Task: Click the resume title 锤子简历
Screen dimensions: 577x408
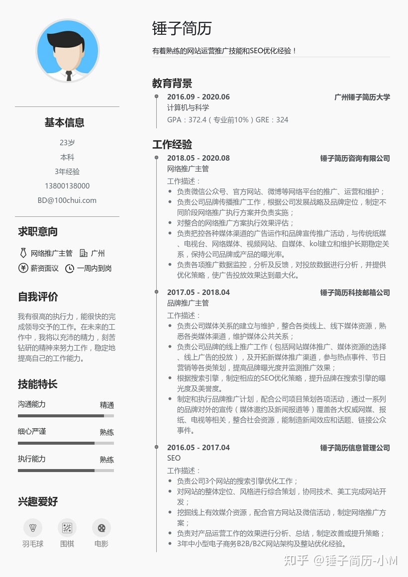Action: click(x=182, y=28)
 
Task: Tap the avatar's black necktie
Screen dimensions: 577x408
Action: click(x=69, y=75)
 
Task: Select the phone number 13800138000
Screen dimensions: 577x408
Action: click(x=67, y=186)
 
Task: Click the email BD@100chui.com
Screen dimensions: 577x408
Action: click(x=67, y=200)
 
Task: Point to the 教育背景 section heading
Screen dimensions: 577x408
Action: click(x=172, y=83)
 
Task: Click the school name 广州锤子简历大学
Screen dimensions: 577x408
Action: click(x=362, y=97)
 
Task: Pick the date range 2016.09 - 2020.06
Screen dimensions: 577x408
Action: click(x=198, y=97)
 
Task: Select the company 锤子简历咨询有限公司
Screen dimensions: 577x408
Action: click(x=355, y=158)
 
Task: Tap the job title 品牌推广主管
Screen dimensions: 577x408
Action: click(x=188, y=303)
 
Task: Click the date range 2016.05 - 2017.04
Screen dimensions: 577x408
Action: click(x=198, y=448)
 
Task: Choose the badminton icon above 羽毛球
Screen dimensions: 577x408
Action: click(x=33, y=528)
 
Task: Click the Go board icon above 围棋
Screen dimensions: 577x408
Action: click(x=67, y=528)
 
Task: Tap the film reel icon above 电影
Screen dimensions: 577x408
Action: click(x=102, y=528)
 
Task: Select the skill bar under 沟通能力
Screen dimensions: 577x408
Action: click(x=66, y=416)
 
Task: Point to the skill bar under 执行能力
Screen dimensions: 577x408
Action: click(x=66, y=470)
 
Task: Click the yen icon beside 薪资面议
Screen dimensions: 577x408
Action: click(x=23, y=268)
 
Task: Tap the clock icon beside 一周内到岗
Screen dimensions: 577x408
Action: click(x=70, y=269)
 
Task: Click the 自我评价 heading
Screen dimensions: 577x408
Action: click(x=38, y=297)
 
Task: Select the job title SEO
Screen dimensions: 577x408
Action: click(x=174, y=458)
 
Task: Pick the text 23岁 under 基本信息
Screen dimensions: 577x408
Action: click(x=67, y=143)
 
